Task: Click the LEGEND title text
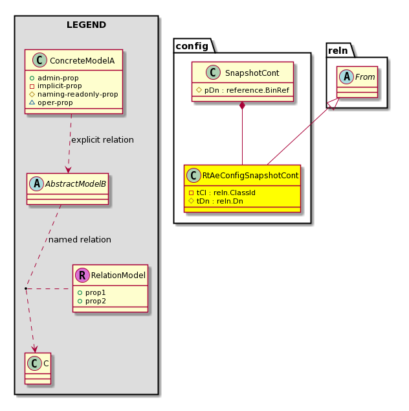[x=86, y=25]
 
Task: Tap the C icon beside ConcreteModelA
[x=39, y=60]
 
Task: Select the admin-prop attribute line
[x=54, y=78]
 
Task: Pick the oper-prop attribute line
[x=51, y=102]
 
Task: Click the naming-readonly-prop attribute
[x=74, y=94]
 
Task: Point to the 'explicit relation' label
[x=103, y=140]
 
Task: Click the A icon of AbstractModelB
[x=37, y=183]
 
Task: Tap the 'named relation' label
[x=80, y=240]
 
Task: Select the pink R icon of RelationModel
[x=82, y=275]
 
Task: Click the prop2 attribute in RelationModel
[x=92, y=301]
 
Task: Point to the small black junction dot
[x=26, y=288]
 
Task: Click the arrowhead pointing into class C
[x=34, y=349]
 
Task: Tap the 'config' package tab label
[x=192, y=46]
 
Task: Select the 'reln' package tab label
[x=338, y=51]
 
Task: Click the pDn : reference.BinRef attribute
[x=243, y=90]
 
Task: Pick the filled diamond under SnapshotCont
[x=242, y=106]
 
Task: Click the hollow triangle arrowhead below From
[x=334, y=104]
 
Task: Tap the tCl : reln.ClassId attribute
[x=222, y=193]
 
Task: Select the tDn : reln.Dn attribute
[x=216, y=201]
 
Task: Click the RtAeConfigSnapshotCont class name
[x=250, y=176]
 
